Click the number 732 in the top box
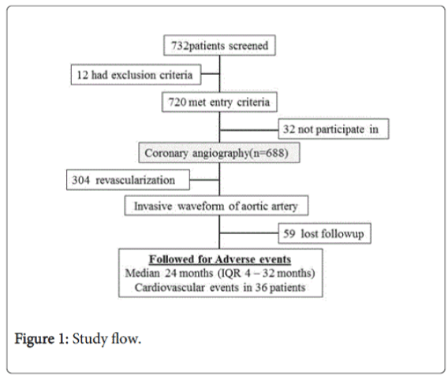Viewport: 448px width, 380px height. [x=180, y=46]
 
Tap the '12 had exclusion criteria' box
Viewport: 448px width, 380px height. [x=136, y=75]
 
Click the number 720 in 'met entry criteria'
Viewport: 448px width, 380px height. [x=177, y=102]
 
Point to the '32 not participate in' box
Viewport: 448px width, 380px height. [x=334, y=129]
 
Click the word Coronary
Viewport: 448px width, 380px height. [x=166, y=153]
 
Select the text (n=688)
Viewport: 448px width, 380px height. [x=269, y=153]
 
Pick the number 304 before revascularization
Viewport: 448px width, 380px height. [x=81, y=181]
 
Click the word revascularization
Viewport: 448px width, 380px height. [x=135, y=181]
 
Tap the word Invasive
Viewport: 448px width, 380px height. [x=153, y=206]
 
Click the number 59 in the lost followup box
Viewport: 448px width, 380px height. [x=289, y=233]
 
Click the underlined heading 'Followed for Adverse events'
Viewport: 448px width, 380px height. [x=220, y=259]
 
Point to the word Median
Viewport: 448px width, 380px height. [x=142, y=273]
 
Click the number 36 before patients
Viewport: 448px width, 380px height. [x=261, y=287]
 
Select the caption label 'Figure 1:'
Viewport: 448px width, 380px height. [x=42, y=339]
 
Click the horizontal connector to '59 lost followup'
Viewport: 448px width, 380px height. [x=249, y=233]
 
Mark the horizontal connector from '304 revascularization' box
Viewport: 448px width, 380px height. [x=204, y=180]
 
